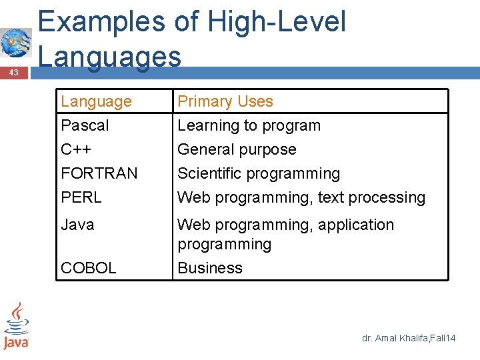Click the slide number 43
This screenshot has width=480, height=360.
click(x=13, y=72)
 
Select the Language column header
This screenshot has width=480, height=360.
click(x=96, y=101)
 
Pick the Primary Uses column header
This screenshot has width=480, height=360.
click(x=225, y=101)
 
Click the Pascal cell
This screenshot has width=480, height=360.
click(x=85, y=125)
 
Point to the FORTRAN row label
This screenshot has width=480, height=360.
click(x=99, y=173)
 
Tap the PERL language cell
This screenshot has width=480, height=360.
click(x=81, y=197)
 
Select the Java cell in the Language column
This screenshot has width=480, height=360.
click(x=77, y=225)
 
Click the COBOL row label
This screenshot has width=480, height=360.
click(x=88, y=268)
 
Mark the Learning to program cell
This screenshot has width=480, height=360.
click(x=249, y=125)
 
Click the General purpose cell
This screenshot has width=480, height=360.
click(x=237, y=149)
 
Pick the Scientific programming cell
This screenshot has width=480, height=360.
click(x=259, y=173)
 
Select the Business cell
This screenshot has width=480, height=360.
click(x=209, y=268)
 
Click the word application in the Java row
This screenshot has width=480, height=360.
click(x=356, y=225)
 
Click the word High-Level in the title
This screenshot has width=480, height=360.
click(x=277, y=22)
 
